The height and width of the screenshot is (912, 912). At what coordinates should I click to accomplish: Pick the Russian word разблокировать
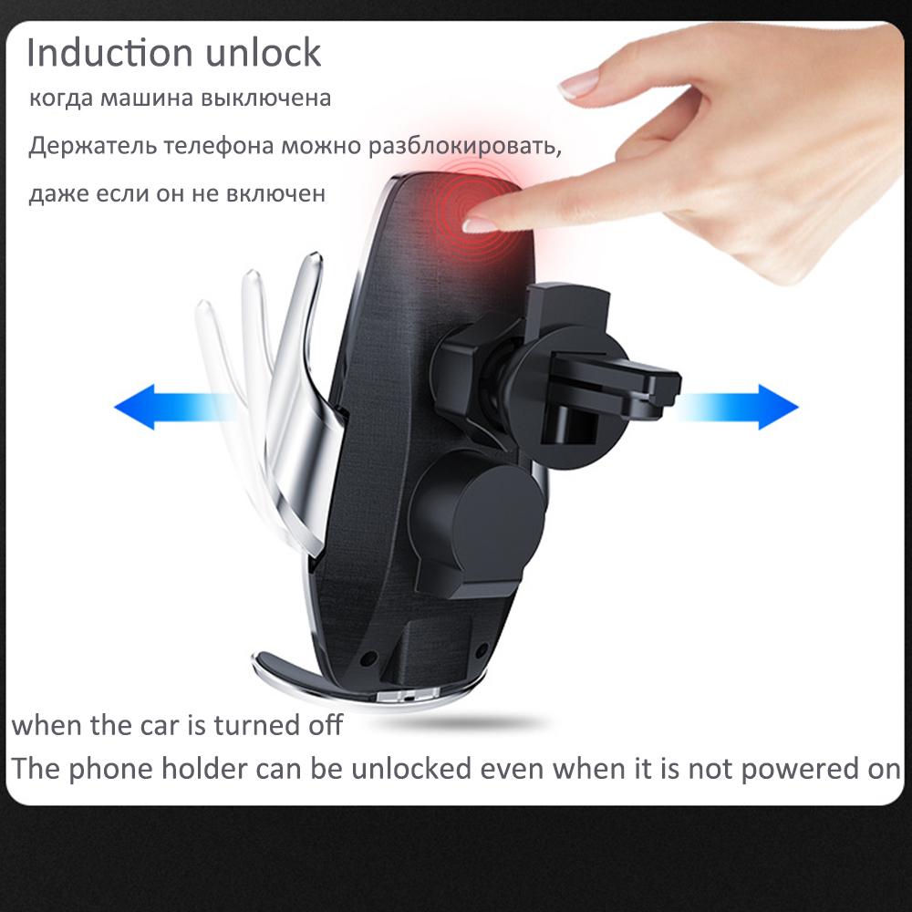tap(460, 147)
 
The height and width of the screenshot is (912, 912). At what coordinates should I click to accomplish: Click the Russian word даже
tap(56, 194)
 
